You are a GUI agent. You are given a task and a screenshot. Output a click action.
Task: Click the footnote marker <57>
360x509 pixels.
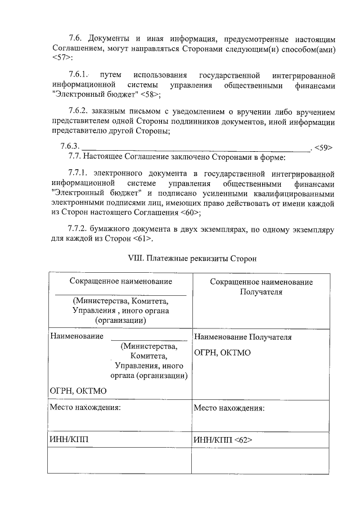[x=60, y=58]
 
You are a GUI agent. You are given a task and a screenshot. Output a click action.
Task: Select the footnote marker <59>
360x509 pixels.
[x=323, y=147]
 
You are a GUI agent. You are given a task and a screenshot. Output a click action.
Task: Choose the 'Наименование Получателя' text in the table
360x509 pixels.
[x=242, y=337]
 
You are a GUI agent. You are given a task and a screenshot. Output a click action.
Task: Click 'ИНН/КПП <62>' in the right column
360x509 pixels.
[x=223, y=439]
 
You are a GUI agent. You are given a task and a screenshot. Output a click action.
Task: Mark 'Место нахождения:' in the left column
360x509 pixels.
[x=85, y=408]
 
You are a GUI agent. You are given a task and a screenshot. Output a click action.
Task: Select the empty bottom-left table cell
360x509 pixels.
[x=119, y=462]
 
